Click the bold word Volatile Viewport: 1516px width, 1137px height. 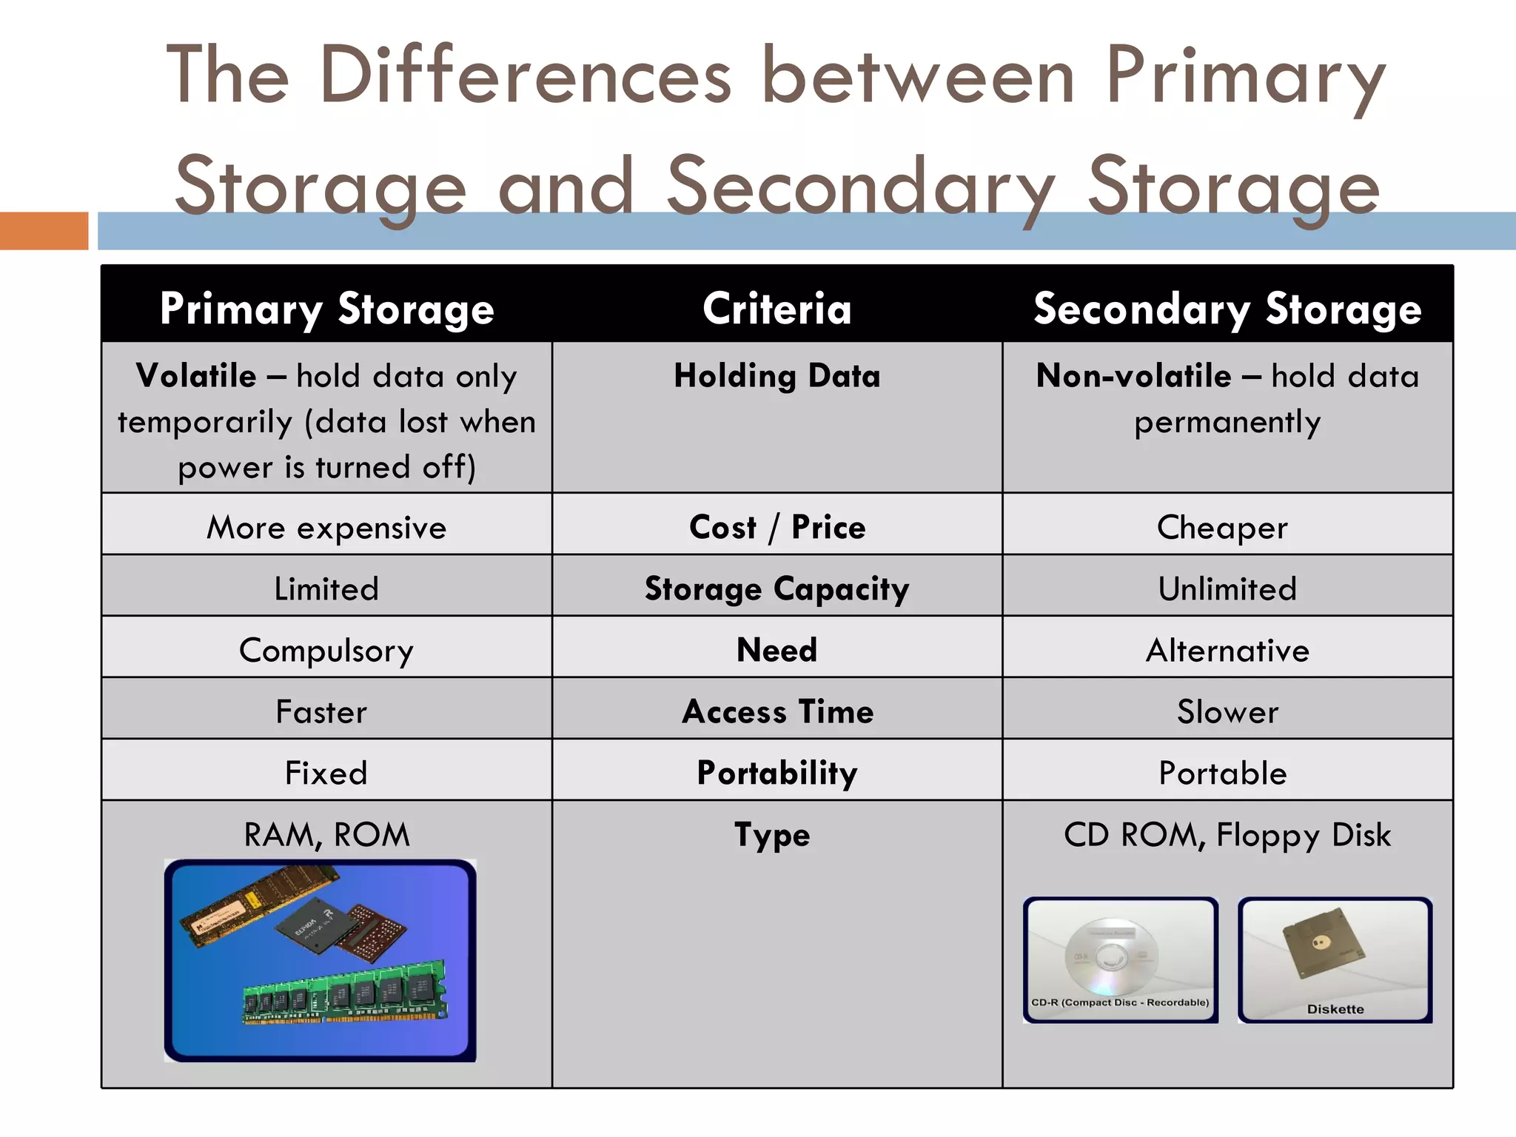pos(196,375)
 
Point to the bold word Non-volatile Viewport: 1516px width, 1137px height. pos(1133,375)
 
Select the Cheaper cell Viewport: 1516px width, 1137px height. pos(1222,527)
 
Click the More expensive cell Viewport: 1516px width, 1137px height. pos(326,527)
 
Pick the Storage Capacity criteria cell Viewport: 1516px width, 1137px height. pos(777,588)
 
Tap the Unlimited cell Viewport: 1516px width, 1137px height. pos(1227,588)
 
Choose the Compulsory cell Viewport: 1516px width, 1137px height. pos(326,650)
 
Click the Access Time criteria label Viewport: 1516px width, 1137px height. pos(777,711)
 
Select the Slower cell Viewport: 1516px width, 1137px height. pos(1227,711)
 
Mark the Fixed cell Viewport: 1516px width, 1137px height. pos(326,773)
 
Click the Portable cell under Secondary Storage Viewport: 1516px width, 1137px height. pos(1222,773)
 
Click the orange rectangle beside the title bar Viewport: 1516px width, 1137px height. pos(44,230)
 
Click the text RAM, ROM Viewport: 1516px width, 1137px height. pos(326,834)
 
